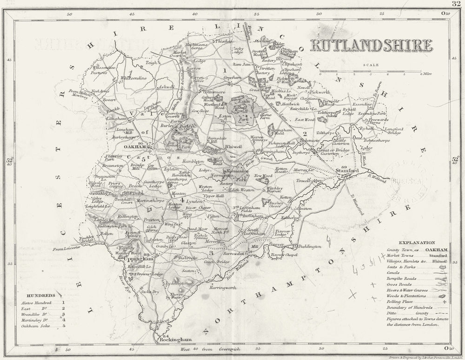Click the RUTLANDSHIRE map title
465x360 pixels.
[370, 46]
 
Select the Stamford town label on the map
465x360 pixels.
[346, 171]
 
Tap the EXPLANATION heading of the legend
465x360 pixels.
[416, 242]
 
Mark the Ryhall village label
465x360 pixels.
[363, 127]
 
